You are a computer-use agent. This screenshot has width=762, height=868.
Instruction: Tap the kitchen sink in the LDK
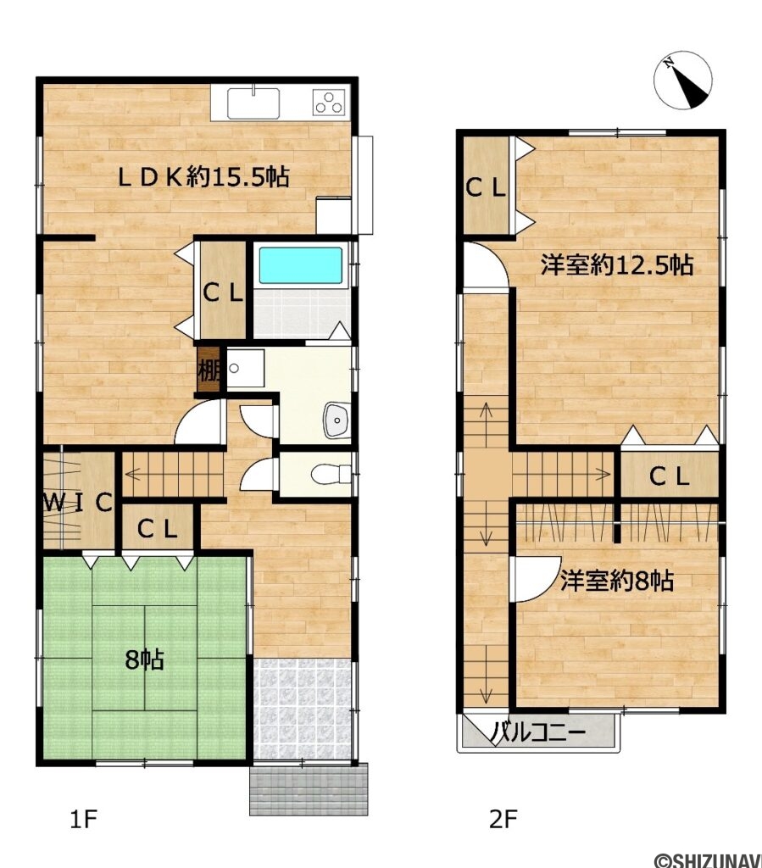pos(253,103)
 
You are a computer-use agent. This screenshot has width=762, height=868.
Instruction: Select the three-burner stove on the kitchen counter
pos(329,103)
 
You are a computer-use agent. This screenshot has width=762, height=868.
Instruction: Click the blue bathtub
pos(301,265)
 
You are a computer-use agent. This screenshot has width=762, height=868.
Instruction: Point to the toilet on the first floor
pos(331,475)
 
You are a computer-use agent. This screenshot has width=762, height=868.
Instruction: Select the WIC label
pos(78,503)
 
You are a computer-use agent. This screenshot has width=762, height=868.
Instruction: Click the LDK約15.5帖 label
pos(203,177)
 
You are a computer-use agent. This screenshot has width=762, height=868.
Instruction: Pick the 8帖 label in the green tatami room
pos(144,659)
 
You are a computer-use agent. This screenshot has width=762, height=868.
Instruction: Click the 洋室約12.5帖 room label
pos(617,265)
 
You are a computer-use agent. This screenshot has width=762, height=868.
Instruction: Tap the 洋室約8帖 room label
pos(617,581)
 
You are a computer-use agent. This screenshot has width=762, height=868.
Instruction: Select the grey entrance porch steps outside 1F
pos(309,789)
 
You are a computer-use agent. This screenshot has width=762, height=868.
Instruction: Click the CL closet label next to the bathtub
pos(223,292)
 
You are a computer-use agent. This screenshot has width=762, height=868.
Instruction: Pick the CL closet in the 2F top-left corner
pos(486,187)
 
